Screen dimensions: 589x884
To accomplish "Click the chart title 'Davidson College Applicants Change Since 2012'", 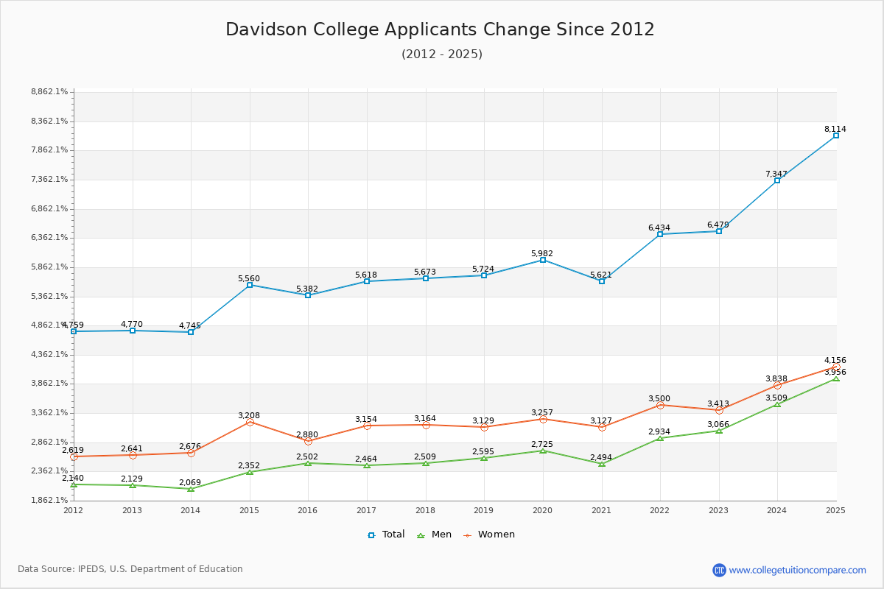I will click(440, 29).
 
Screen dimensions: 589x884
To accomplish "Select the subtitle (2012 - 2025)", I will click(442, 54).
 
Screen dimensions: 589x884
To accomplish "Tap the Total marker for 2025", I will click(836, 135).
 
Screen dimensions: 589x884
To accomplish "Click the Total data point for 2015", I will click(250, 285).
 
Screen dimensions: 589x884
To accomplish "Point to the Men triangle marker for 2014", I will click(191, 489).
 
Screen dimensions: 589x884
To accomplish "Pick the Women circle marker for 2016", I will click(308, 441).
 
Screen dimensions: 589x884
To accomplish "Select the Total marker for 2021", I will click(602, 281).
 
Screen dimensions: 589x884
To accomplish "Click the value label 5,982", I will click(542, 253).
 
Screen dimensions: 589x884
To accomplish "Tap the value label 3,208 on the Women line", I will click(249, 415).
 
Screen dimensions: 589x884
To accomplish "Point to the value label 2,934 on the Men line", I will click(659, 431).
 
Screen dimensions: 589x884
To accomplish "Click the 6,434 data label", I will click(659, 228).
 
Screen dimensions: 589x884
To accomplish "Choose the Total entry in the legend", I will click(386, 535).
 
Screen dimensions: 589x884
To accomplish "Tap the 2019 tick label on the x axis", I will click(484, 510).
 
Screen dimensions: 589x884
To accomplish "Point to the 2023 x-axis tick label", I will click(718, 510).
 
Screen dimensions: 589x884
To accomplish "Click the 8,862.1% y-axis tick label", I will click(49, 92).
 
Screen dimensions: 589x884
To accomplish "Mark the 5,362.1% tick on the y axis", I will click(49, 296).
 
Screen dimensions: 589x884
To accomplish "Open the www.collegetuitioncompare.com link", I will click(797, 570).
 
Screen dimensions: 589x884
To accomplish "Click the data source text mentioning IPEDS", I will click(130, 569).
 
